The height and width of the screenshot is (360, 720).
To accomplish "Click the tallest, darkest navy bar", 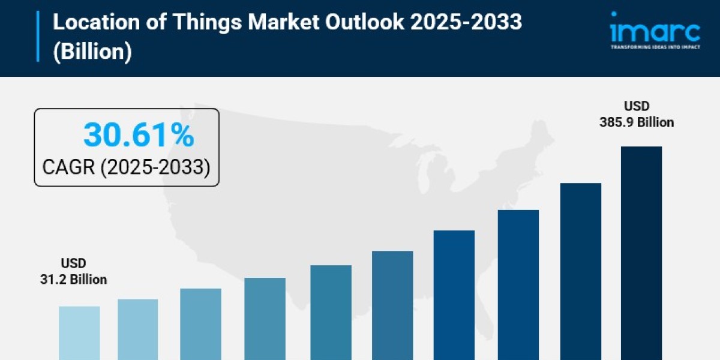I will click(x=641, y=252).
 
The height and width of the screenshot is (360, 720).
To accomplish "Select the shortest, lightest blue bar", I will click(x=79, y=333).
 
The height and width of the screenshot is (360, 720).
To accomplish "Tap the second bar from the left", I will click(x=137, y=329).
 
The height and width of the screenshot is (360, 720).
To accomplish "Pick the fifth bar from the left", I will click(x=331, y=312).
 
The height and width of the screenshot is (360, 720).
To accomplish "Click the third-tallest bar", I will click(x=518, y=284).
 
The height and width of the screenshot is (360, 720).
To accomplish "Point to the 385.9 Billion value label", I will click(x=636, y=122).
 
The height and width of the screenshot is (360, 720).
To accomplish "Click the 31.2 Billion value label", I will click(x=73, y=280).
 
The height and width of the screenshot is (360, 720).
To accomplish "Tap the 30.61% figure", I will click(x=139, y=134).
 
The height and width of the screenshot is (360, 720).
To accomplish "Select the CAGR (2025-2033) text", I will click(x=126, y=167).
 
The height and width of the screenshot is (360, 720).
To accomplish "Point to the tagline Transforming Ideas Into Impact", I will click(x=655, y=47).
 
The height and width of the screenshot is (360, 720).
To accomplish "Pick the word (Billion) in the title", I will click(x=92, y=52).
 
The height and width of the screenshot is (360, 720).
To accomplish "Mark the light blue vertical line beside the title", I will click(x=38, y=36).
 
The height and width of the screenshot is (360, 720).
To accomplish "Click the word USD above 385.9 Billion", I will click(x=636, y=106).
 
